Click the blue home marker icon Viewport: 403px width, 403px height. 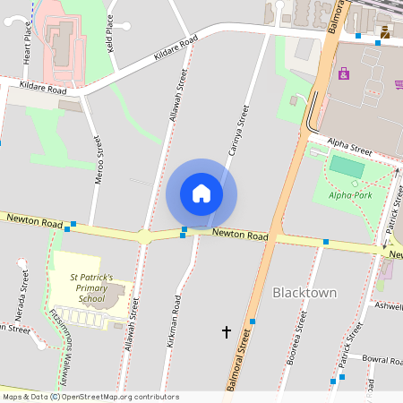click(x=201, y=193)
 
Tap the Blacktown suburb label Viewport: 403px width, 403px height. click(x=304, y=293)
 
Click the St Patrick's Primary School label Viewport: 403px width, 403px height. click(x=92, y=289)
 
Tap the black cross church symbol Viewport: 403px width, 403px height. click(x=226, y=332)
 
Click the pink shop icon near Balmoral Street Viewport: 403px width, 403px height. click(x=344, y=73)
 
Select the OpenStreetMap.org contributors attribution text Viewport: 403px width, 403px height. click(x=112, y=397)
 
